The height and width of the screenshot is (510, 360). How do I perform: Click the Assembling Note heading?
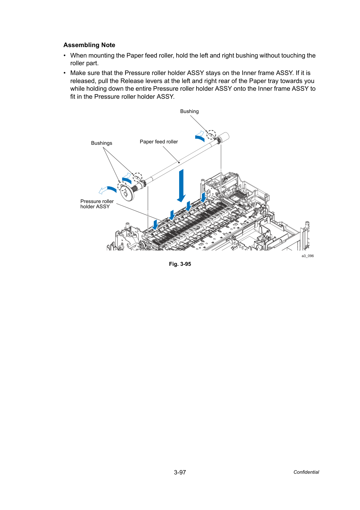pyautogui.click(x=89, y=45)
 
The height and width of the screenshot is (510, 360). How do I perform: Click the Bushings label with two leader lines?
pyautogui.click(x=101, y=143)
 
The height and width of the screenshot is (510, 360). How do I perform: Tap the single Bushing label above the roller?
pyautogui.click(x=189, y=111)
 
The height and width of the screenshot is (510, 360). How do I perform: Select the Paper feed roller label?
pyautogui.click(x=159, y=142)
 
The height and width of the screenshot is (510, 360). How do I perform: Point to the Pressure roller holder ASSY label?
pyautogui.click(x=97, y=204)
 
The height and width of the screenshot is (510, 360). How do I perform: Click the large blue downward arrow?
pyautogui.click(x=181, y=186)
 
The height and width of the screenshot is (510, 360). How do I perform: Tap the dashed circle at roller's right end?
pyautogui.click(x=211, y=135)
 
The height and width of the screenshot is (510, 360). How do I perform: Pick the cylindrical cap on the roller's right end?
pyautogui.click(x=224, y=137)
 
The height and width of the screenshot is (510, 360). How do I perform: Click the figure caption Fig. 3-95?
pyautogui.click(x=180, y=264)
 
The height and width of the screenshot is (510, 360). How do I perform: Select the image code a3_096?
pyautogui.click(x=307, y=256)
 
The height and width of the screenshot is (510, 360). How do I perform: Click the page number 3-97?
pyautogui.click(x=180, y=472)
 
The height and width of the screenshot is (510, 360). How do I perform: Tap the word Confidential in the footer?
pyautogui.click(x=306, y=472)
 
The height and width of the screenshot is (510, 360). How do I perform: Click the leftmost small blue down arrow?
pyautogui.click(x=155, y=225)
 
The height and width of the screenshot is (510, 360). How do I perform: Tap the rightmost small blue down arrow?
pyautogui.click(x=204, y=197)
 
